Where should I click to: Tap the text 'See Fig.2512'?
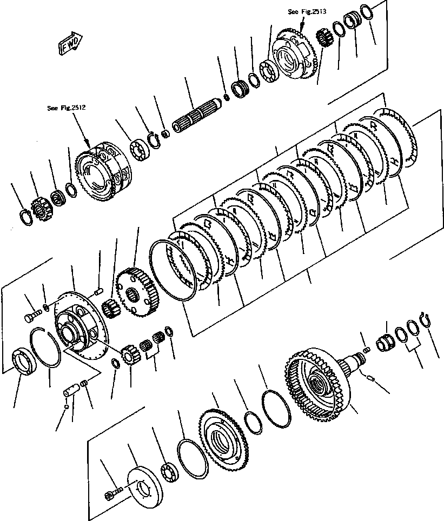[x=67, y=108]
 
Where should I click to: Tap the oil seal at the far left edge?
[x=23, y=362]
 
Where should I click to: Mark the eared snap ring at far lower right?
[x=425, y=319]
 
